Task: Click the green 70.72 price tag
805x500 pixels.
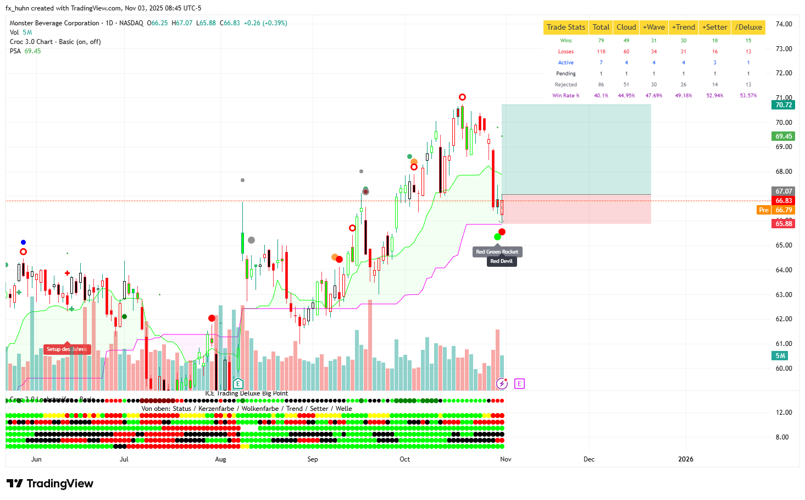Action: (783, 105)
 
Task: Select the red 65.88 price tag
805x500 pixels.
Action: (783, 224)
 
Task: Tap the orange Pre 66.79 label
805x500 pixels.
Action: (776, 210)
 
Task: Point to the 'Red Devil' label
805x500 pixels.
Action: (501, 261)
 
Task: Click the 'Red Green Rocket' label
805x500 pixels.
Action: (497, 252)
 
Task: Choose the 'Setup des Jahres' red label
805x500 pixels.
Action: (66, 349)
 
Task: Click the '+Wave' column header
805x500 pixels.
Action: (653, 27)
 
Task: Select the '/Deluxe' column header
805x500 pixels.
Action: (748, 27)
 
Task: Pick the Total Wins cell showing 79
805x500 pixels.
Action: (601, 41)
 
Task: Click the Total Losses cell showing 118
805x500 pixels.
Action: (601, 52)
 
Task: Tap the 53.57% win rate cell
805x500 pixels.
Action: (748, 96)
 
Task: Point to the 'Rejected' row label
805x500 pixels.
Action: (565, 85)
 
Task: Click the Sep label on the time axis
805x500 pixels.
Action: (313, 459)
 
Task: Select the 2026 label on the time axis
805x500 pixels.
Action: (685, 459)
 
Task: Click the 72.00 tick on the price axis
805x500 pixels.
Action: (784, 73)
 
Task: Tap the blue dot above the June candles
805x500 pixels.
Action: (23, 242)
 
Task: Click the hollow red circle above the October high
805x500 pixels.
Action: (463, 97)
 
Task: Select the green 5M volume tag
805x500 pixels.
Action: (780, 356)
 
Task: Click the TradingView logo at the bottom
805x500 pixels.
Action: (50, 483)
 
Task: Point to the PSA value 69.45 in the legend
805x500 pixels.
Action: (32, 51)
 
